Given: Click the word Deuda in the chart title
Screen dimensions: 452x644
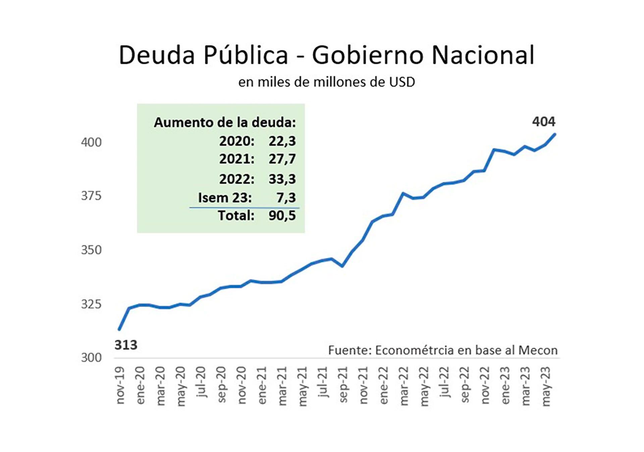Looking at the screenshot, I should pyautogui.click(x=157, y=55).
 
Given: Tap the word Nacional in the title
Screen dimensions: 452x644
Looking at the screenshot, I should pyautogui.click(x=483, y=55).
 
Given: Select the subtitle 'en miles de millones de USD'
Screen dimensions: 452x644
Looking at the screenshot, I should pyautogui.click(x=326, y=82).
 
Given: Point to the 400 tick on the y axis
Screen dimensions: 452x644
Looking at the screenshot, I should pyautogui.click(x=91, y=143).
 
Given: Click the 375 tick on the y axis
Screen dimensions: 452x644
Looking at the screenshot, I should pyautogui.click(x=91, y=196).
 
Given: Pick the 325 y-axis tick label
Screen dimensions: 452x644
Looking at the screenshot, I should pyautogui.click(x=91, y=304).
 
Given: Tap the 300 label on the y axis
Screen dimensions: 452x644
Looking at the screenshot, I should pyautogui.click(x=91, y=358).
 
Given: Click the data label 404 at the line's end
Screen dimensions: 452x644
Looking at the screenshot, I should pyautogui.click(x=543, y=121).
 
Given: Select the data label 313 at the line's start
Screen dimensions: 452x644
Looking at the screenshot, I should pyautogui.click(x=126, y=345).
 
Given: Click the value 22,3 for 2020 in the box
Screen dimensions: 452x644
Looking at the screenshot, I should pyautogui.click(x=282, y=141).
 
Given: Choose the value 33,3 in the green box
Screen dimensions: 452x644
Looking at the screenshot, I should pyautogui.click(x=282, y=179).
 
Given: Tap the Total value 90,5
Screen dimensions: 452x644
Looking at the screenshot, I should pyautogui.click(x=282, y=216).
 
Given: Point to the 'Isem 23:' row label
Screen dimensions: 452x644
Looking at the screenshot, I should pyautogui.click(x=225, y=198).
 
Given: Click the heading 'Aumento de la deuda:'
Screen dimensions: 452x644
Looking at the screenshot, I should pyautogui.click(x=225, y=123).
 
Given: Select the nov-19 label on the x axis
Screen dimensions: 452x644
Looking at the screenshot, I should pyautogui.click(x=120, y=386).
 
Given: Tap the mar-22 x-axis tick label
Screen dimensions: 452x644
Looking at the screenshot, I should pyautogui.click(x=404, y=386).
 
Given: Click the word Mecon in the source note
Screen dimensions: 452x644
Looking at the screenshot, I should pyautogui.click(x=538, y=350).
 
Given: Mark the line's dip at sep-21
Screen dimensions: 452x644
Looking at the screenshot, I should pyautogui.click(x=342, y=266).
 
